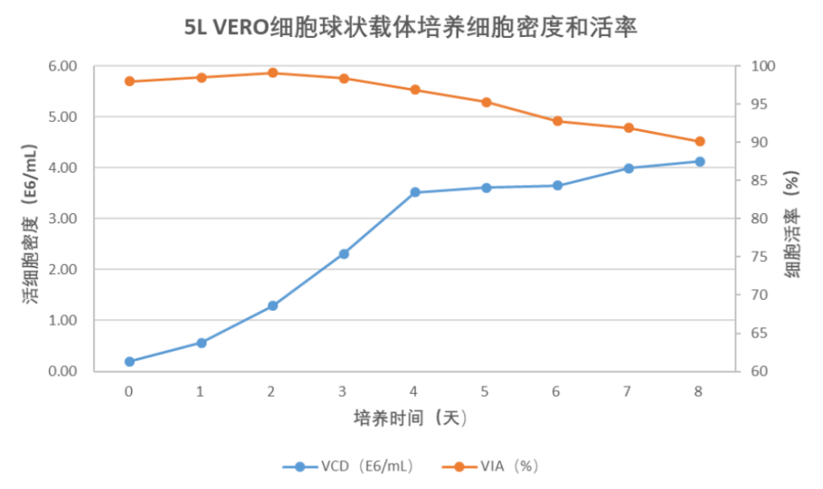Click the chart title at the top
point(411,28)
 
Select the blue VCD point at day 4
point(415,193)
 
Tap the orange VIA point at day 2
point(272,73)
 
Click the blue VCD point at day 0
point(129,362)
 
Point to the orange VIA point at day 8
point(699,142)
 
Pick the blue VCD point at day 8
point(699,162)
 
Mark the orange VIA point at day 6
point(557,121)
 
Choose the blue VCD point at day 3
point(344,254)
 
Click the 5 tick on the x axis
point(486,390)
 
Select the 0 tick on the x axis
point(129,390)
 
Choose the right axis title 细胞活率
point(792,222)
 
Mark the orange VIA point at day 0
point(129,81)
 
